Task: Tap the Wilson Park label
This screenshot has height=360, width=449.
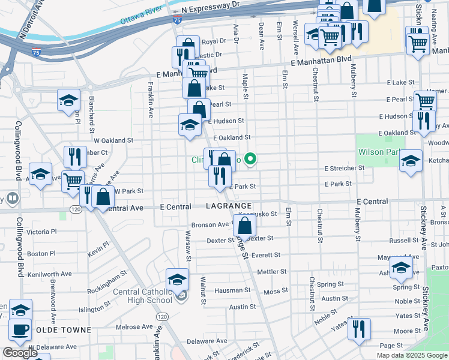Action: point(379,152)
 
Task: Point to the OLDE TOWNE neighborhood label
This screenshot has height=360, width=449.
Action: point(64,330)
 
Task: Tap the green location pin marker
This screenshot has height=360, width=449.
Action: point(252,159)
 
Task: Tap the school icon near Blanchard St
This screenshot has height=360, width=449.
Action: point(68,99)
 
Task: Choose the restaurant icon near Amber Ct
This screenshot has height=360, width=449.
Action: point(75,157)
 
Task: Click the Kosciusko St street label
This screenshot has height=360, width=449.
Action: point(258,214)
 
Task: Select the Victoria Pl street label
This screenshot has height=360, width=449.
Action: point(41,232)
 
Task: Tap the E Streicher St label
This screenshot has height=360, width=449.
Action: point(345,169)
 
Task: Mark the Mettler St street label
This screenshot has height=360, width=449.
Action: point(272,272)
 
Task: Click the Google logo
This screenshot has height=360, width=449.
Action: point(20,352)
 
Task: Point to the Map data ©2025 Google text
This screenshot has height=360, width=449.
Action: point(411,355)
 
